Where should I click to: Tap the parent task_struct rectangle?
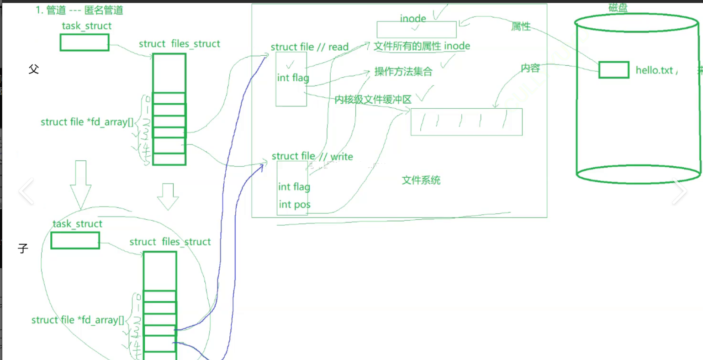click(x=85, y=42)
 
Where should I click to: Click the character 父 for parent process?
click(x=33, y=69)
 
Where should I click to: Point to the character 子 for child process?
click(x=23, y=249)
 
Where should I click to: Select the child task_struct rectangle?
click(x=75, y=240)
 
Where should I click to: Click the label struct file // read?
click(x=309, y=47)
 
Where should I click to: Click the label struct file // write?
click(x=312, y=156)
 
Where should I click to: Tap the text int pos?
click(x=295, y=205)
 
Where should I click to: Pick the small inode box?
click(x=416, y=30)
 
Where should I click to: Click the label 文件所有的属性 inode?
click(x=422, y=46)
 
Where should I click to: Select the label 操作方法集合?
click(x=403, y=72)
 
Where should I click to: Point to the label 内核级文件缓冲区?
click(x=373, y=100)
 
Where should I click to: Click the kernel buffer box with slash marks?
click(x=466, y=122)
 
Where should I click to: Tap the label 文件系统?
click(x=421, y=180)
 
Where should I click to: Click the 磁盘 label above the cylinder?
click(x=618, y=8)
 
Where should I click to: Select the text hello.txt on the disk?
click(x=654, y=70)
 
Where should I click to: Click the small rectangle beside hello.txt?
click(x=613, y=70)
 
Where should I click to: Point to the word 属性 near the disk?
click(x=521, y=26)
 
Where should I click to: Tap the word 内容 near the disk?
click(x=530, y=68)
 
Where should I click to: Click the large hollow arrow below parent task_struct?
click(x=80, y=185)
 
